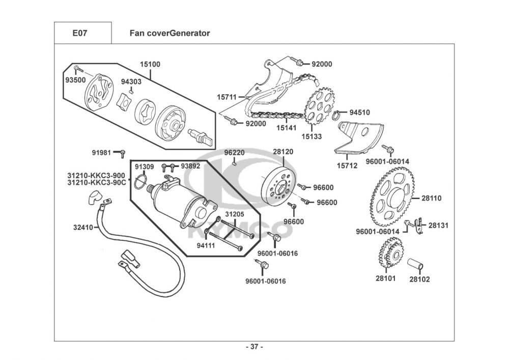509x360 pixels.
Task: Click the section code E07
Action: tap(80, 33)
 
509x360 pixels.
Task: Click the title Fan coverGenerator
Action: tap(169, 33)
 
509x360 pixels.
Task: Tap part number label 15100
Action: tap(150, 65)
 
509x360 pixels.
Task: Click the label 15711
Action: tap(227, 97)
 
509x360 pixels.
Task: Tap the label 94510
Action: tap(359, 112)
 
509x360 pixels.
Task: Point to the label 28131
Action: tap(438, 225)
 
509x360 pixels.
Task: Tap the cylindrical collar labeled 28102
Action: tap(417, 265)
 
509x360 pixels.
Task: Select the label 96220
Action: tap(235, 152)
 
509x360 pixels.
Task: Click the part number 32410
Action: tap(82, 228)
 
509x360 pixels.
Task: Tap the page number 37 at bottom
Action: tap(254, 347)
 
